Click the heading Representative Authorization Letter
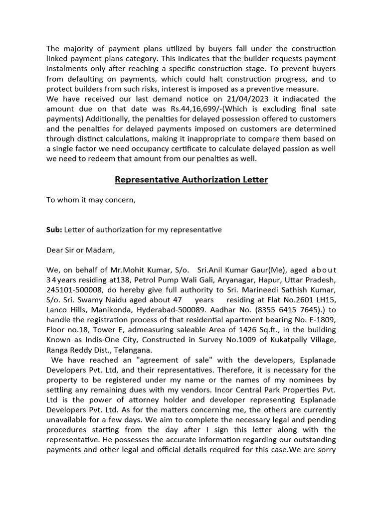click(x=191, y=179)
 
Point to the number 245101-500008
click(x=73, y=290)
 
